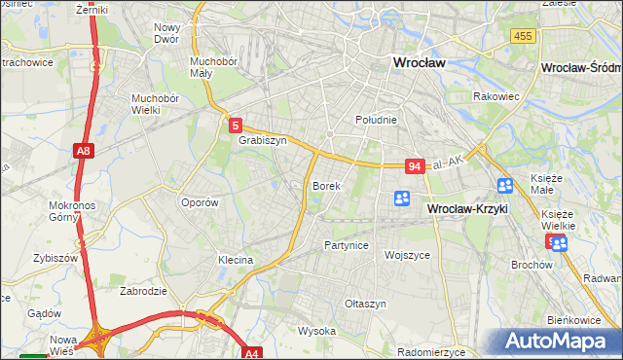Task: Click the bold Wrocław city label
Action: coord(418,62)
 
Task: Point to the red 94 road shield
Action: coord(416,166)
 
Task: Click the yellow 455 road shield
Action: coord(523,36)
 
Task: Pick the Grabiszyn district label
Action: coord(262,140)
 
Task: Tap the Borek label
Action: coord(325,185)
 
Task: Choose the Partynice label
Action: coord(346,245)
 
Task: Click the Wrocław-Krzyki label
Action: coord(468,209)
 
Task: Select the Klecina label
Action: coord(236,260)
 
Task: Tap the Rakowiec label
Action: coord(495,96)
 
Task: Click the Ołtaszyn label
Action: coord(366,304)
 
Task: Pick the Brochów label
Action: coord(531,264)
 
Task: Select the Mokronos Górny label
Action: coord(70,212)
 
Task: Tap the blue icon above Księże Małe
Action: coord(505,186)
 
